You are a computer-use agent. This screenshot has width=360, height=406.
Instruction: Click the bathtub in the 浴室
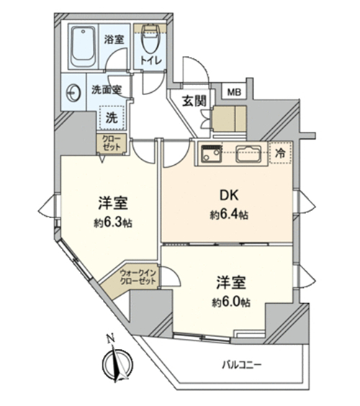(83, 47)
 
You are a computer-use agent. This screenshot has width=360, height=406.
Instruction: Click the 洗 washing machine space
(112, 118)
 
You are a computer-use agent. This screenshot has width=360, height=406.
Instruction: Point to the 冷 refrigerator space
(281, 153)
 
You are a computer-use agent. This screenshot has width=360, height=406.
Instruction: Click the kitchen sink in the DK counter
(248, 154)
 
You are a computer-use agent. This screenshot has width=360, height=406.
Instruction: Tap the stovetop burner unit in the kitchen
(212, 154)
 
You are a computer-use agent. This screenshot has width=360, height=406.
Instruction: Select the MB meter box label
(235, 92)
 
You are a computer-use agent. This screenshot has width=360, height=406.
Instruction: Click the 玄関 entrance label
(194, 101)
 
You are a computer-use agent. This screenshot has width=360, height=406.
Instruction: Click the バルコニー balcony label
(242, 366)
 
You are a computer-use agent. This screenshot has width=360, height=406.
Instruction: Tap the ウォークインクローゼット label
(138, 277)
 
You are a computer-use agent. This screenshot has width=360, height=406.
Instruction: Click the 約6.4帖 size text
(229, 215)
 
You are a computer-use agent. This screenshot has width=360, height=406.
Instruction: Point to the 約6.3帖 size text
(113, 222)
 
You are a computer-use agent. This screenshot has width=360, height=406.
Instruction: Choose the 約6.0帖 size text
(231, 302)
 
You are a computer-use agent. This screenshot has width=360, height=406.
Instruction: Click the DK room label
(229, 196)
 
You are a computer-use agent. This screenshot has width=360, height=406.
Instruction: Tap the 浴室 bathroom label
(114, 39)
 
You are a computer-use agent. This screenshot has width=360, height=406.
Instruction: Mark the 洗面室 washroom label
(107, 90)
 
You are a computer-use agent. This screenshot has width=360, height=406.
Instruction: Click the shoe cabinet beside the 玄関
(229, 118)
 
